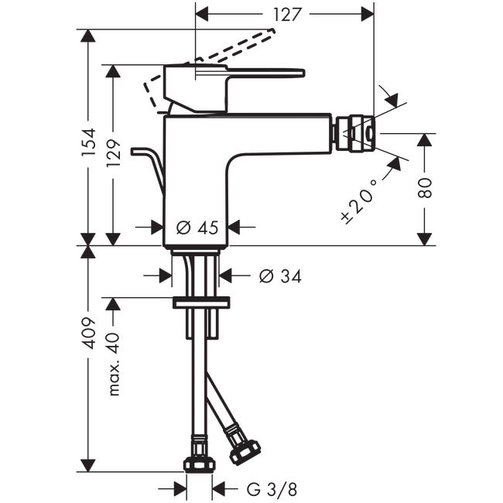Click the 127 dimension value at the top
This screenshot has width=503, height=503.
point(287,15)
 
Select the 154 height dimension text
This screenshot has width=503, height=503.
point(88,142)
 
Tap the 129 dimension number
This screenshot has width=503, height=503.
point(113,152)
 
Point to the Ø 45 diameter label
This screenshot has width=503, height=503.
point(197,228)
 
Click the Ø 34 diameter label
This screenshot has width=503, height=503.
point(280,276)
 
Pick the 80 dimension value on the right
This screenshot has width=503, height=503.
point(425,188)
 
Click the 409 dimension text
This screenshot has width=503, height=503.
point(88,334)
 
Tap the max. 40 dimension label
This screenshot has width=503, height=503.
point(114,364)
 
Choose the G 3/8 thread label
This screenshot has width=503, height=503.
point(272,490)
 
